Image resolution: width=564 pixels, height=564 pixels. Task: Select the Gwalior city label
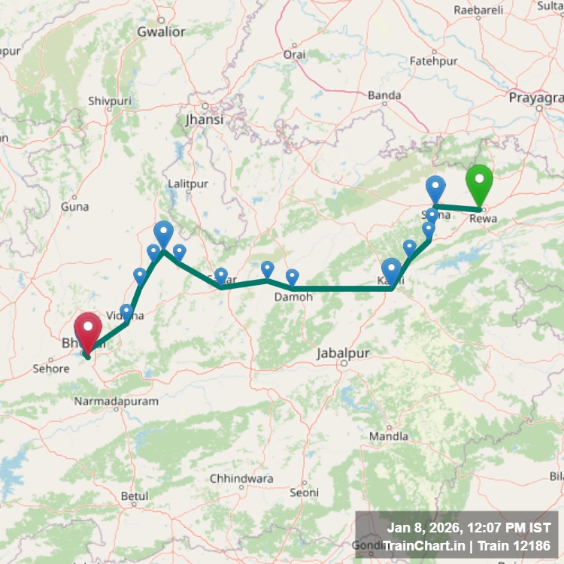click(161, 32)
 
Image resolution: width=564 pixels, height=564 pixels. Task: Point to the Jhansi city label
click(204, 120)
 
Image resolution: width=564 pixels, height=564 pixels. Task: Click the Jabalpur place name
click(344, 353)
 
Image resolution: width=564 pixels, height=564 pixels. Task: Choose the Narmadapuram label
click(116, 402)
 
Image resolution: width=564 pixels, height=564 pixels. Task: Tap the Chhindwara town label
click(241, 478)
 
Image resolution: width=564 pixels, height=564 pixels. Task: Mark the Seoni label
click(304, 493)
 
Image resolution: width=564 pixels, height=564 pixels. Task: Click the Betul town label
click(135, 496)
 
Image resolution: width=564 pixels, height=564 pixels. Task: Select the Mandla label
click(389, 436)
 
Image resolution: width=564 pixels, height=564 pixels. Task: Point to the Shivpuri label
click(110, 101)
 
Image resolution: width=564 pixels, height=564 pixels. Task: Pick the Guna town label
click(74, 206)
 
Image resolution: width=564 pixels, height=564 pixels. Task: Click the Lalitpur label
click(187, 183)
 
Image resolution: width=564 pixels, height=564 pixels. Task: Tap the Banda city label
click(384, 96)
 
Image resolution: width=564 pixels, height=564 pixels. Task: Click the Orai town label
click(294, 55)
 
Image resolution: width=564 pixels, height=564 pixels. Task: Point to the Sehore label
click(51, 369)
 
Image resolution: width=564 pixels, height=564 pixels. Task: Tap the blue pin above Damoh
click(292, 277)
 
